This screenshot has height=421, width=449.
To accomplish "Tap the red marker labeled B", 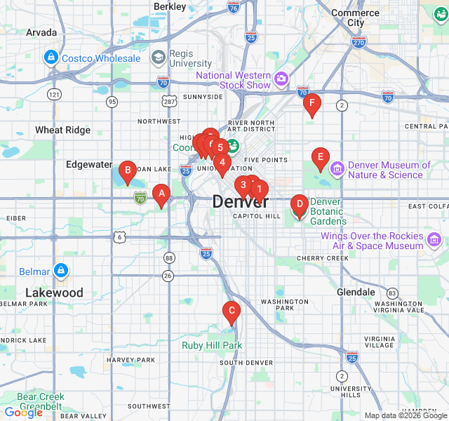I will coord(127,170).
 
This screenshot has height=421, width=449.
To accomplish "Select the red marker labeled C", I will coord(231,311).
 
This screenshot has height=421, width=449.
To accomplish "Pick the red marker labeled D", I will coord(300,206).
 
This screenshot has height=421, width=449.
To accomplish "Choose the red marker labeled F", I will coord(312,104).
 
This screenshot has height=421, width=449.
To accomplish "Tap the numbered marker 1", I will coord(259,188).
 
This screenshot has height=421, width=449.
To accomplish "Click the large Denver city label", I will coord(240,201).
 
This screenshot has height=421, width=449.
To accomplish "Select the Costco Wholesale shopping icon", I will coord(51,58).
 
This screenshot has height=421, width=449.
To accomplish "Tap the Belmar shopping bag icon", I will coord(61,271).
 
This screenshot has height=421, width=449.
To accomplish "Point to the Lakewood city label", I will coord(54,293).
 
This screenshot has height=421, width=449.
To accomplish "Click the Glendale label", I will coord(356,292).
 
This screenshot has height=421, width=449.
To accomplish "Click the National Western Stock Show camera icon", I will coord(281,77).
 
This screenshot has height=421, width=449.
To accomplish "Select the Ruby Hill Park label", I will coord(212,345).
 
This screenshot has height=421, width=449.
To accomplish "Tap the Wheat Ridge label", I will coord(63,130).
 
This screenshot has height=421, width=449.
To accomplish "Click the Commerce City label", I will coord(356,18).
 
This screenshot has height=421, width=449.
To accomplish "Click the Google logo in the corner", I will coord(23,413).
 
